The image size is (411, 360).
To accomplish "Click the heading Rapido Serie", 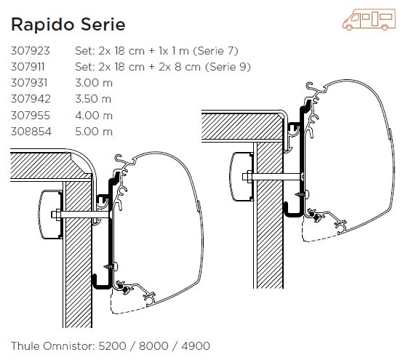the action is [68, 25].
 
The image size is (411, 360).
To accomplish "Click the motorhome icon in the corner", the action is [369, 20].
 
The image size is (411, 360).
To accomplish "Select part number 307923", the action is [30, 51].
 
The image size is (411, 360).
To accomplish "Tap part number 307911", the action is [28, 67].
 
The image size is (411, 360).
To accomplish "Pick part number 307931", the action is [29, 83].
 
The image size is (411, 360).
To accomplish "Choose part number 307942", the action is [31, 99].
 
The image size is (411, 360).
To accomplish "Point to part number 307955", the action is [31, 116].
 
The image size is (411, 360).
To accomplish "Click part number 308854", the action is [31, 132].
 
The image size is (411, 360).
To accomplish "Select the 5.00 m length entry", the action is [94, 132].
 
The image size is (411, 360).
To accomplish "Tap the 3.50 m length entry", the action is [93, 99].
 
